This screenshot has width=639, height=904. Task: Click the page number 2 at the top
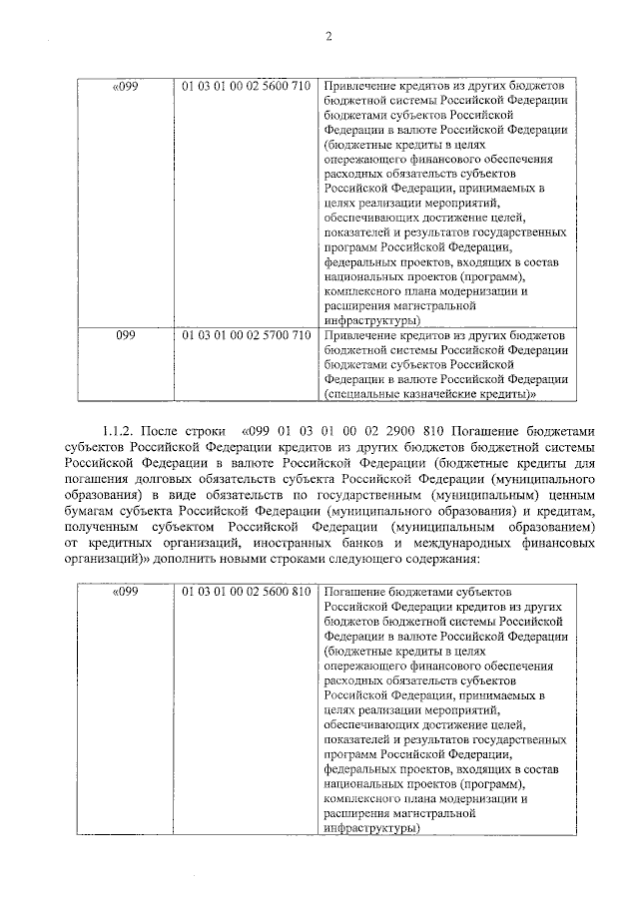click(326, 37)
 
